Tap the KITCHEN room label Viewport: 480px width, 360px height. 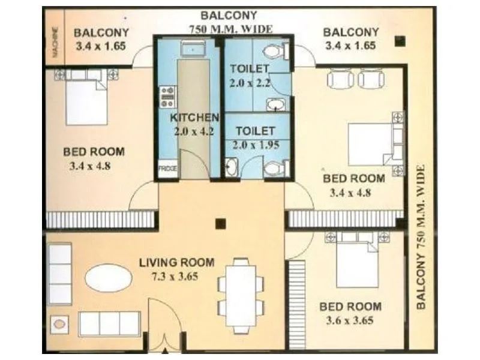coord(194,117)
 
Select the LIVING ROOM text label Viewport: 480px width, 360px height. coord(176,262)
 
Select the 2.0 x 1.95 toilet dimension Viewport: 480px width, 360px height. coord(256,144)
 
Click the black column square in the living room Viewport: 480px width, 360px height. coord(221,223)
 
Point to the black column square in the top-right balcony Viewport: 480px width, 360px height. coord(400,41)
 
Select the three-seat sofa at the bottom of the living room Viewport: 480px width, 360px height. coord(110,323)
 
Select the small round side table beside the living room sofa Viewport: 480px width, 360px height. coord(59,325)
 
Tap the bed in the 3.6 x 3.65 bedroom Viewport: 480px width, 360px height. coord(357,261)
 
